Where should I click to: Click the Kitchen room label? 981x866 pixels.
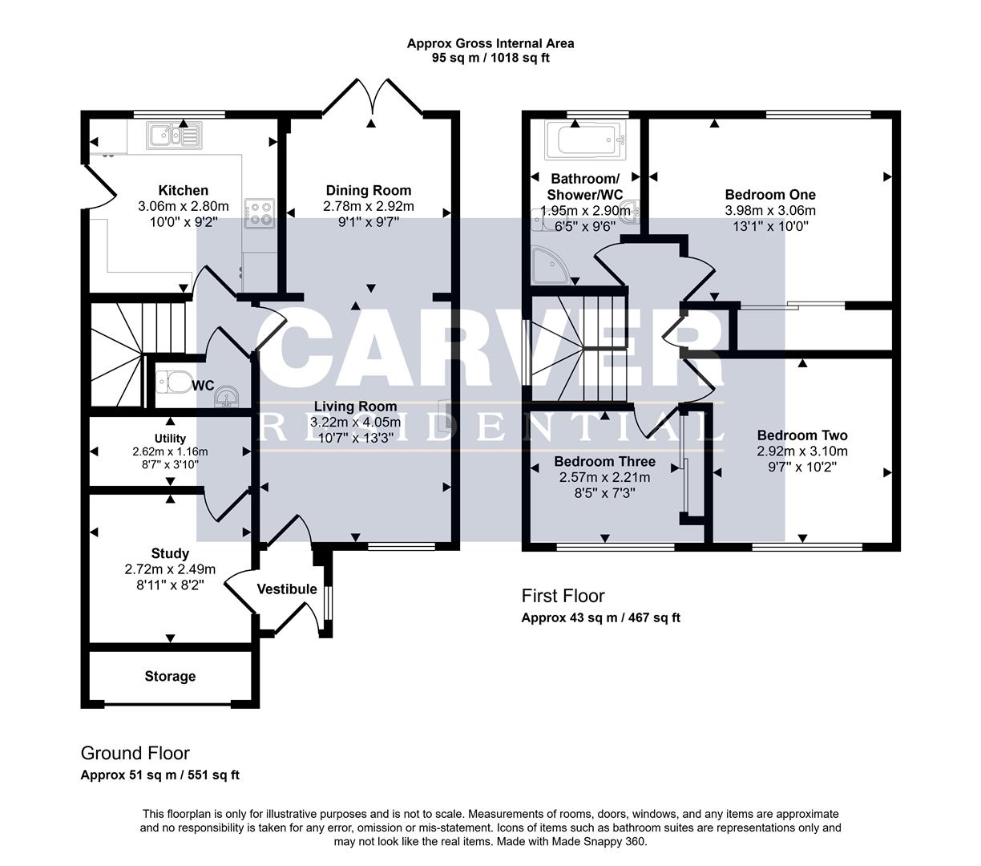183,190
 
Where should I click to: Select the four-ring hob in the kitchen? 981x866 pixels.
259,212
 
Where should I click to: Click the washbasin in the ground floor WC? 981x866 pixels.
227,396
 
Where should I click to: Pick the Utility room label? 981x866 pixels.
170,438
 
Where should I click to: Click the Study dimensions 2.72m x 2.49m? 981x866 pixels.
170,569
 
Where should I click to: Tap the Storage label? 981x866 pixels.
170,677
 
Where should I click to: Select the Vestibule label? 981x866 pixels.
287,589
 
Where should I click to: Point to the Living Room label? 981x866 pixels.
355,407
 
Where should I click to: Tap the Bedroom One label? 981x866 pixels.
770,195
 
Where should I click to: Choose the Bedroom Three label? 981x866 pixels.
604,462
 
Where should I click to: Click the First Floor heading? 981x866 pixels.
563,596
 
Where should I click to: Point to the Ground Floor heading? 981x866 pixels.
135,754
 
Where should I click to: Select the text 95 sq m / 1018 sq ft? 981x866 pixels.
490,58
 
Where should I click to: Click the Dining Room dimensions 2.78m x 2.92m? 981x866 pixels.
369,206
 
